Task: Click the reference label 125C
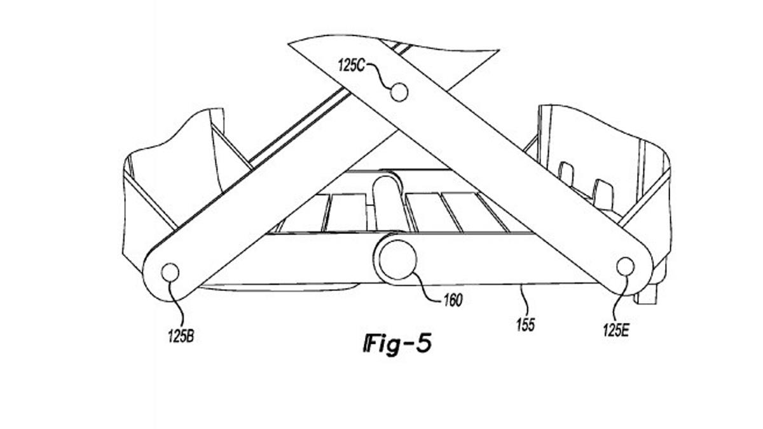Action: point(351,65)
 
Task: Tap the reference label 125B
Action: point(181,336)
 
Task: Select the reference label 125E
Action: point(616,330)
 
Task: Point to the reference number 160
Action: point(453,300)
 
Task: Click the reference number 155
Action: point(526,325)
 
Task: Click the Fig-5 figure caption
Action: point(397,343)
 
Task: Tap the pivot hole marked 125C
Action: point(399,92)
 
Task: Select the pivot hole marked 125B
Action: point(170,273)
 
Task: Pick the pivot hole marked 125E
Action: point(626,266)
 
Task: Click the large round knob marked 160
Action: point(397,261)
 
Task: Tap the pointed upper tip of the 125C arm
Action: point(289,44)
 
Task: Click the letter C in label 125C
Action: point(361,65)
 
